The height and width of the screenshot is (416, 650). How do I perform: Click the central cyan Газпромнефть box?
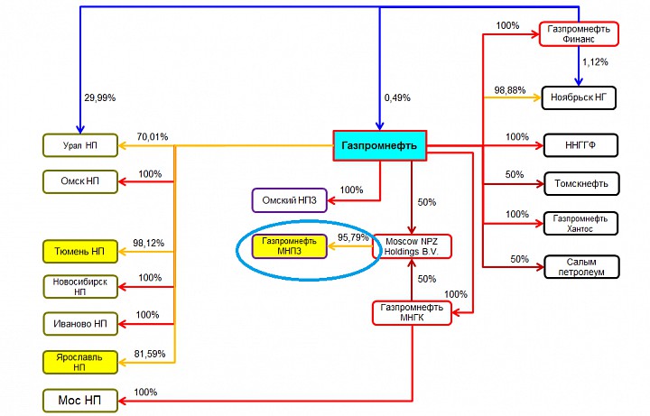coord(379,144)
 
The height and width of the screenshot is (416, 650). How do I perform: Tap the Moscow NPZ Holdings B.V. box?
coord(412,246)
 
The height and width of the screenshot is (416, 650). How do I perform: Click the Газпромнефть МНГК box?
coord(411,313)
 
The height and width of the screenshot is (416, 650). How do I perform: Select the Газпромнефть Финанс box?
coord(578,34)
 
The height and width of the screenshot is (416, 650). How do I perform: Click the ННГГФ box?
coord(579,144)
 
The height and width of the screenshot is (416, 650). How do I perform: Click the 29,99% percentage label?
coord(99,97)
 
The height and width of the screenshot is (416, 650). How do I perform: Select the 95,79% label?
coord(354,237)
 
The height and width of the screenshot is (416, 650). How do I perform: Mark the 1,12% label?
coord(596,62)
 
